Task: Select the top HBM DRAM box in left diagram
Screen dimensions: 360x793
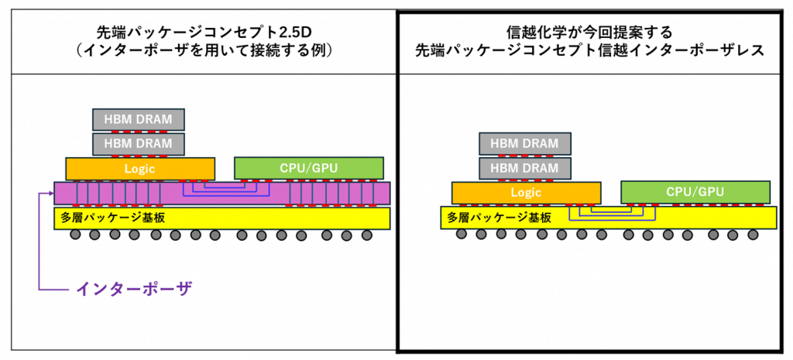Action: [139, 119]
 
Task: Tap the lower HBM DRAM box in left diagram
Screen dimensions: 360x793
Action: [139, 144]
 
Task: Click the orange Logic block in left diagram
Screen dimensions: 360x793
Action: [140, 168]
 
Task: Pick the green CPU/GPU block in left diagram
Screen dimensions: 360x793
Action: [308, 167]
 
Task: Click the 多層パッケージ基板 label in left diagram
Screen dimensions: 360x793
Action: [113, 218]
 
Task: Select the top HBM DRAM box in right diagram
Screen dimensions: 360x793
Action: [524, 143]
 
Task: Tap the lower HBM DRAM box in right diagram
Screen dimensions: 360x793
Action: [524, 168]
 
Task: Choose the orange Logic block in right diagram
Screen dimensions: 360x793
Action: [526, 192]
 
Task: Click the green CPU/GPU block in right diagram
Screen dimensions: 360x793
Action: [695, 192]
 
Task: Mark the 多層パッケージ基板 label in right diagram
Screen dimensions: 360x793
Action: [499, 218]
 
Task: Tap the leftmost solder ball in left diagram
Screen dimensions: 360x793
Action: [75, 235]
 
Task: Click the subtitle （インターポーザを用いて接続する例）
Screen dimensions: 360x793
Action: [200, 51]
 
